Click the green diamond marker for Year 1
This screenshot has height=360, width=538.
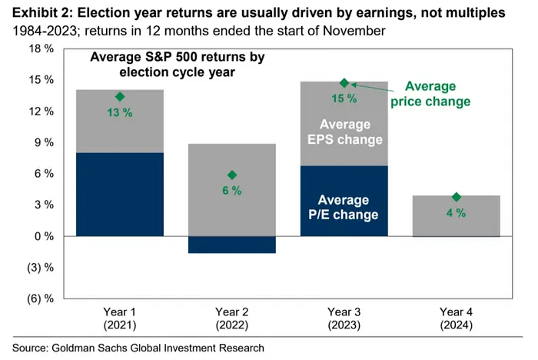(x=120, y=97)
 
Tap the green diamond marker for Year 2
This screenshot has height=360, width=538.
(x=232, y=175)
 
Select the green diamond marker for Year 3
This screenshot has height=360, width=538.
(x=344, y=83)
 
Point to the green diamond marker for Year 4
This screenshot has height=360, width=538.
(x=457, y=198)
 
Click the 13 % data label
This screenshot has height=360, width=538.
(x=120, y=112)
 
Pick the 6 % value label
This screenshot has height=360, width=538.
(x=232, y=191)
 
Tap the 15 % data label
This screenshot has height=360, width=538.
(x=344, y=98)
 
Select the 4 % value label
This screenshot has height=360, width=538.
(x=457, y=213)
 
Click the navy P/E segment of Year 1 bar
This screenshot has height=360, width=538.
(x=120, y=194)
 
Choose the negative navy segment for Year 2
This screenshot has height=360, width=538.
(x=232, y=244)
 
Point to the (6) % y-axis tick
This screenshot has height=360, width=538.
(x=38, y=298)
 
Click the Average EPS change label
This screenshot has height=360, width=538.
(x=345, y=132)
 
